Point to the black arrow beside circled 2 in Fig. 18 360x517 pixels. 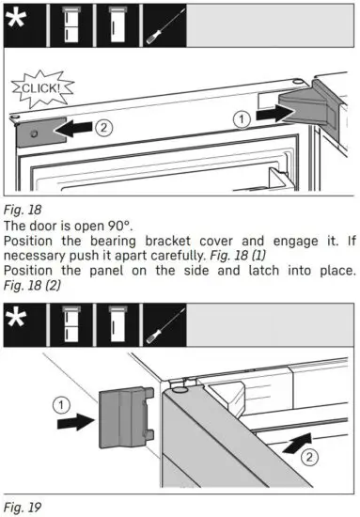tap(76, 127)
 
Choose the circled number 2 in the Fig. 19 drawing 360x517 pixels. tap(310, 457)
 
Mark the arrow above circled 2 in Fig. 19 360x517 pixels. tap(297, 439)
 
